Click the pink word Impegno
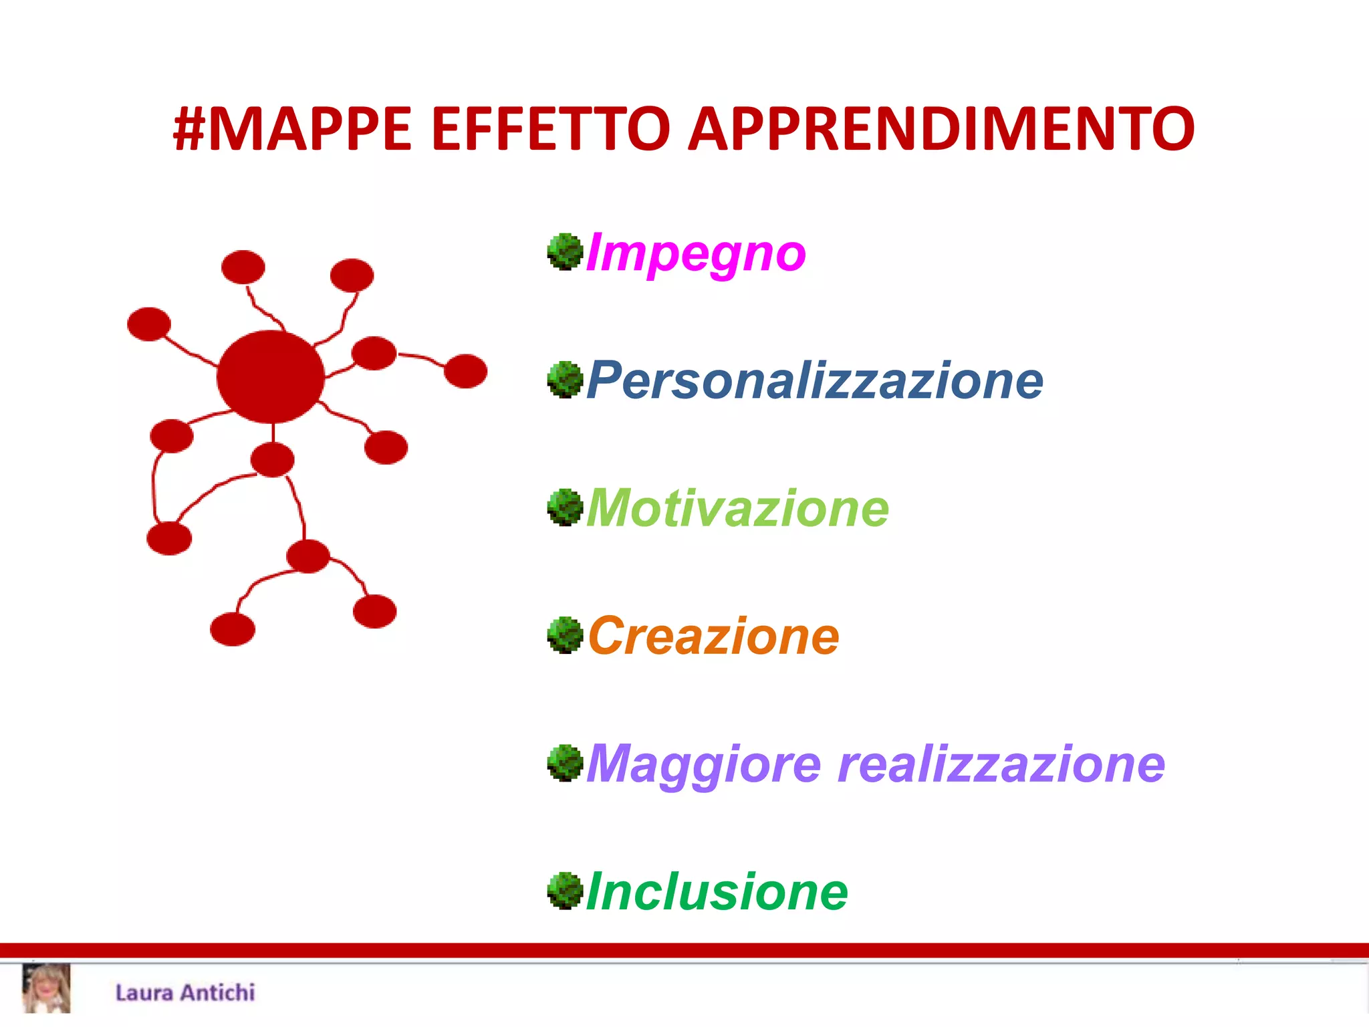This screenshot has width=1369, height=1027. tap(696, 254)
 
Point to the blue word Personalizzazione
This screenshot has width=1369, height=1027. tap(815, 381)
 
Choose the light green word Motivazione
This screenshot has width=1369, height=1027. tap(738, 508)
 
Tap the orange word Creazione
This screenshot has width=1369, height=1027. tap(713, 636)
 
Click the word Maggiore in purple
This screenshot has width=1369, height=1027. tap(704, 764)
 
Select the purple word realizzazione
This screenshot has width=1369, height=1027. tap(1001, 764)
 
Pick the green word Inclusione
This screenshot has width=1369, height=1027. tap(717, 892)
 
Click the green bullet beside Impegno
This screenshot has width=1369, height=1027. tap(566, 252)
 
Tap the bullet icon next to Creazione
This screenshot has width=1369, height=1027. tap(566, 635)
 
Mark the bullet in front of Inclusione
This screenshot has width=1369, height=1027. tap(566, 891)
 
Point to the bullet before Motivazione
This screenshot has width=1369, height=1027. tap(566, 507)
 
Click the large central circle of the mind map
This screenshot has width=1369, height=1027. tap(271, 376)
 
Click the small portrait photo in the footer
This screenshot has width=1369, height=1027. tap(46, 988)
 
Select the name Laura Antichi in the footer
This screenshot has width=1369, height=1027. tap(185, 992)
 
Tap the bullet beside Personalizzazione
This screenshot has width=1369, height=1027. tap(566, 380)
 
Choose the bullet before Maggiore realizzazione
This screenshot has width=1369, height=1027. tap(566, 763)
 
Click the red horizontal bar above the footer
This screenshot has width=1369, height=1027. tap(684, 950)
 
